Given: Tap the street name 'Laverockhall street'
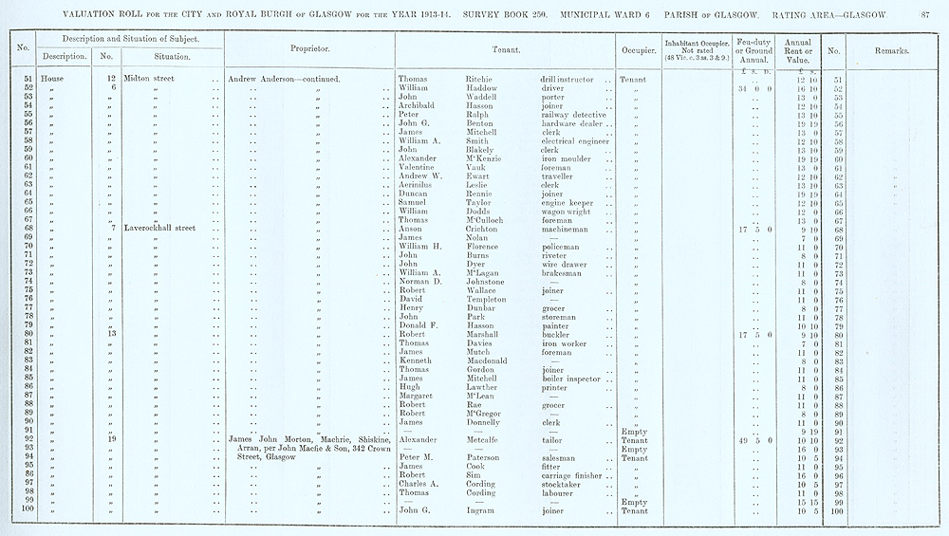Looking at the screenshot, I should click(161, 229).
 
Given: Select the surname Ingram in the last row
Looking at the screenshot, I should click(482, 511).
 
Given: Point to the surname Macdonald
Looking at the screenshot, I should click(493, 360).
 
